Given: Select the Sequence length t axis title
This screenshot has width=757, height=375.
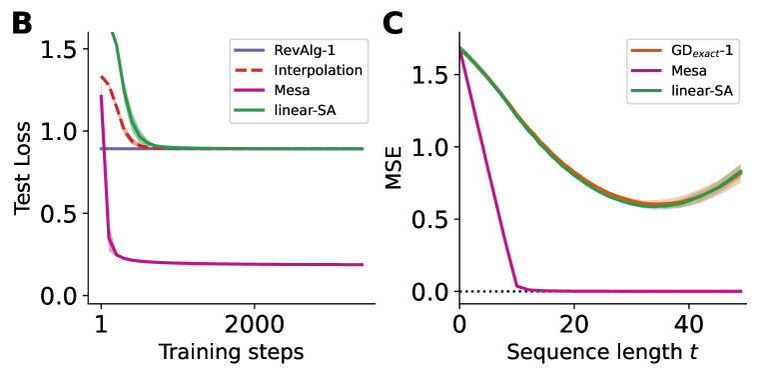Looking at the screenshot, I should click(x=599, y=352).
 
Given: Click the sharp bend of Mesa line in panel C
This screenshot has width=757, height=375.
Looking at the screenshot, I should click(x=516, y=285).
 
